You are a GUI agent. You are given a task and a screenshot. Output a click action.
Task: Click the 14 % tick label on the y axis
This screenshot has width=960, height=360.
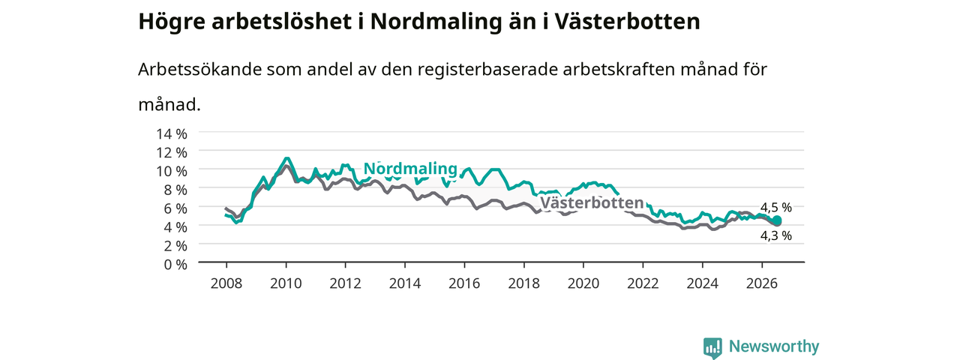172,134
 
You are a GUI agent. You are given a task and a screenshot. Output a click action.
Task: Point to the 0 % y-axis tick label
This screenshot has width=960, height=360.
175,265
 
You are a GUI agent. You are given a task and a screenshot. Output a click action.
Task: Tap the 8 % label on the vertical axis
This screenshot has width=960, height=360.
175,190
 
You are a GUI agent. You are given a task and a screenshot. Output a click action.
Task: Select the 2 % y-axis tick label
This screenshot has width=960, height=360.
175,246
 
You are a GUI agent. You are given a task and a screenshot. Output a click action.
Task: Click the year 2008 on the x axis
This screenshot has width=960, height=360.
226,283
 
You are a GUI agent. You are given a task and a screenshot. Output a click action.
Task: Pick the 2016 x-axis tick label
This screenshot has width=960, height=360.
464,283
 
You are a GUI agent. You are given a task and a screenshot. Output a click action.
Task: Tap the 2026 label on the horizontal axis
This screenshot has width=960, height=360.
761,283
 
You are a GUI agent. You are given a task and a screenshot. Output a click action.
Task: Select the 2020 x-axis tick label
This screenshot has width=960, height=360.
583,283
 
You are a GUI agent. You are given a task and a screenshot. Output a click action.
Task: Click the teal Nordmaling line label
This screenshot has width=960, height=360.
410,169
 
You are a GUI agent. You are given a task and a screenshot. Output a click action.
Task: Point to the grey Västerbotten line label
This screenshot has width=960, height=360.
592,202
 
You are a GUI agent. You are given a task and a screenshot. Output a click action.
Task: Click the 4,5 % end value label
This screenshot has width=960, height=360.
776,208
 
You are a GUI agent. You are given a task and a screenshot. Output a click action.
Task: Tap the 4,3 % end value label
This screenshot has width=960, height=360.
776,235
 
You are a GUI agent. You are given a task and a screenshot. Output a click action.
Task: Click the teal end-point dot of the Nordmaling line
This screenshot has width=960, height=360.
777,220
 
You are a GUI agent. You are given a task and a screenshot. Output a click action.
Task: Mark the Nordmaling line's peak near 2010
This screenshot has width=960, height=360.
286,158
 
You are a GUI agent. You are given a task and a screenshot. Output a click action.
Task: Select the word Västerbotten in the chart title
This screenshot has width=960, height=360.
628,22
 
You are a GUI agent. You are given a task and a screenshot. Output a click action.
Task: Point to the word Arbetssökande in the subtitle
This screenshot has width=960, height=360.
199,70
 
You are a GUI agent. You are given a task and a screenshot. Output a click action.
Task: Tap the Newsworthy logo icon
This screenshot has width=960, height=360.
712,347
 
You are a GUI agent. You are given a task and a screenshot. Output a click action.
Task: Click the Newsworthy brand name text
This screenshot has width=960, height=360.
774,346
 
